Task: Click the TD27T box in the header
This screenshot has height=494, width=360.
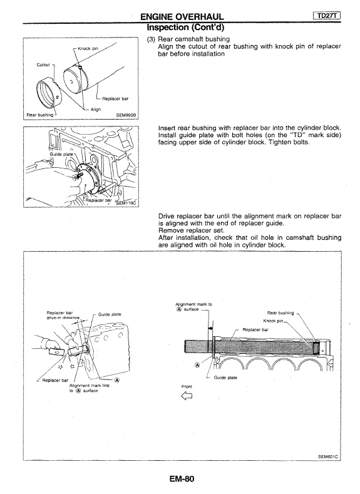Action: click(327, 16)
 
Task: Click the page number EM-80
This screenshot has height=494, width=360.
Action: click(182, 479)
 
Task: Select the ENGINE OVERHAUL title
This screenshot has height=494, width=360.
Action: click(182, 17)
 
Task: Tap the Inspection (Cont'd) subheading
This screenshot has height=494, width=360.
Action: click(185, 28)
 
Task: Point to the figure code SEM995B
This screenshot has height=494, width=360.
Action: click(126, 115)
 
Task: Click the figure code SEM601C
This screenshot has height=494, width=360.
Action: click(329, 456)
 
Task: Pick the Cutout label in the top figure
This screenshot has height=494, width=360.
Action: click(43, 65)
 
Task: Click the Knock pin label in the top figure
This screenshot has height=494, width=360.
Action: click(88, 48)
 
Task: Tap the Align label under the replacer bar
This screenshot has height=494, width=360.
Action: click(96, 110)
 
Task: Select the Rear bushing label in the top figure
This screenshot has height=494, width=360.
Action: click(40, 115)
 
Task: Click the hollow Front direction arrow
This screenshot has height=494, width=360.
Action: click(187, 396)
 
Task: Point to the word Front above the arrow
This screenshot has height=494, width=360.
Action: click(187, 386)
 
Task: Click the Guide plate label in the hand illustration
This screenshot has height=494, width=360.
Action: click(110, 314)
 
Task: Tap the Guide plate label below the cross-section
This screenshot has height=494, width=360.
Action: click(225, 378)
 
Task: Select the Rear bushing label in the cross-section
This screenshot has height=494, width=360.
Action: click(280, 313)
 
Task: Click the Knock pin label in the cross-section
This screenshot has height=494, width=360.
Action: click(273, 321)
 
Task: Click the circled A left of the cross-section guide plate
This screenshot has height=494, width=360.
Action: click(197, 365)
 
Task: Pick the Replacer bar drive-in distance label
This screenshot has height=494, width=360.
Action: click(63, 315)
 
